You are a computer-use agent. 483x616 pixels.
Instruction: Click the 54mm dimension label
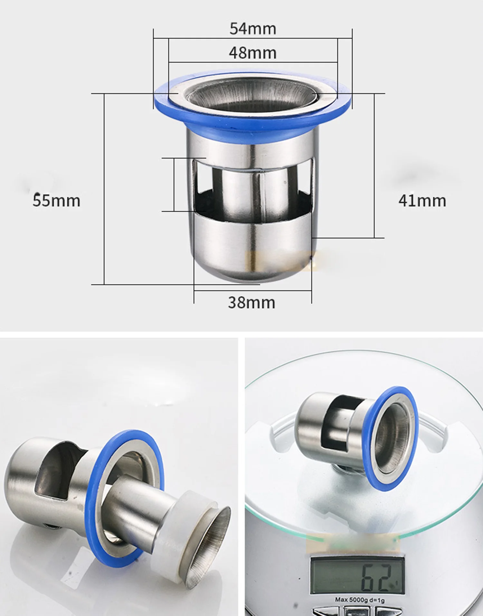[x=253, y=29]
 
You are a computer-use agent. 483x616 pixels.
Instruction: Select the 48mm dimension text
[x=253, y=53]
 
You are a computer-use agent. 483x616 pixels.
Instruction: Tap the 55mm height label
[x=56, y=200]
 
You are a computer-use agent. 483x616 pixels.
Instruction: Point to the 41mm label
[x=422, y=201]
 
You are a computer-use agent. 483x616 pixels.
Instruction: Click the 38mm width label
[x=251, y=303]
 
